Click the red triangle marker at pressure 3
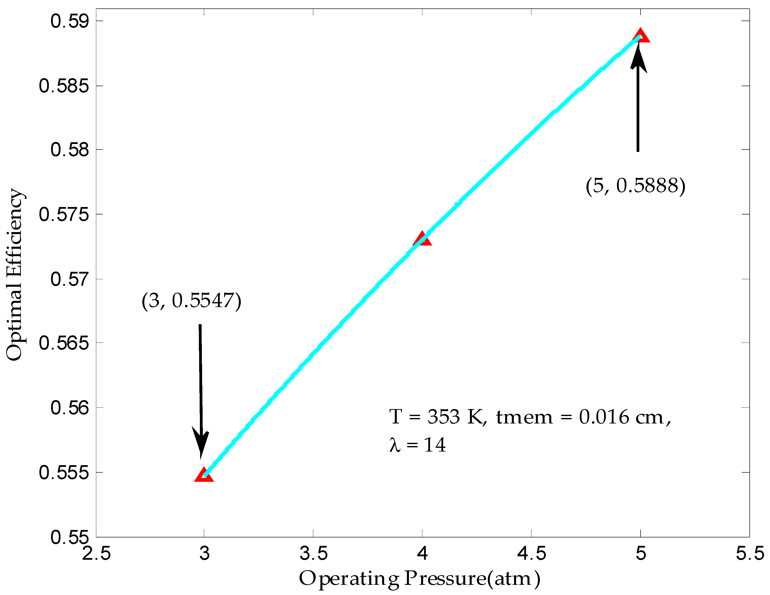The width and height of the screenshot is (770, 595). pyautogui.click(x=204, y=475)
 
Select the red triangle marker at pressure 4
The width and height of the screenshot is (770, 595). pyautogui.click(x=422, y=240)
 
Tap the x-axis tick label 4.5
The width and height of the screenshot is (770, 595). pyautogui.click(x=531, y=553)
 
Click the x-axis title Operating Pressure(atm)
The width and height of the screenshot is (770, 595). pyautogui.click(x=420, y=579)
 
